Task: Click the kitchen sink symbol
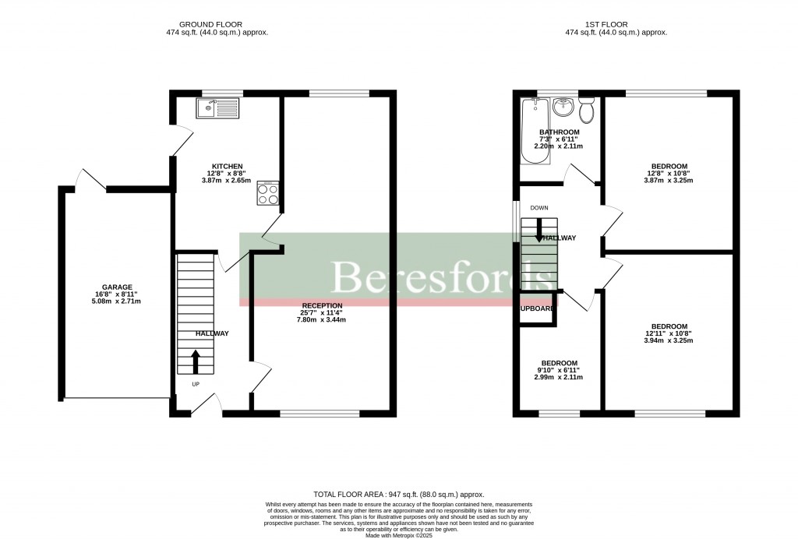pyautogui.click(x=220, y=108)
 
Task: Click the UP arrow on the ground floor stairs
pyautogui.click(x=195, y=362)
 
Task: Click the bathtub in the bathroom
pyautogui.click(x=535, y=132)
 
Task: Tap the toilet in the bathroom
pyautogui.click(x=586, y=111)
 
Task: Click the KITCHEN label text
pyautogui.click(x=227, y=166)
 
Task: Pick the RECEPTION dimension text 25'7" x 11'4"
pyautogui.click(x=323, y=312)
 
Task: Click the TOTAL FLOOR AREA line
pyautogui.click(x=398, y=495)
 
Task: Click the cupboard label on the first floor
pyautogui.click(x=538, y=308)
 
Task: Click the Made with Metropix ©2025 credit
pyautogui.click(x=398, y=534)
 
